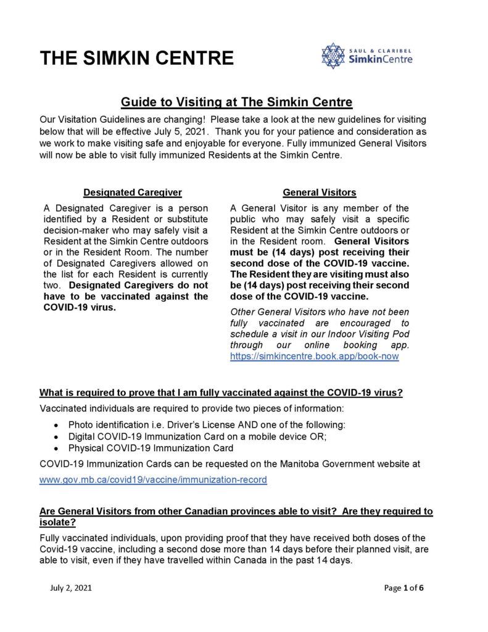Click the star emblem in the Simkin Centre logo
[333, 56]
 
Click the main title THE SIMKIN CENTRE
[136, 59]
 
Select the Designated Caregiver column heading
[133, 193]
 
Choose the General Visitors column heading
[319, 193]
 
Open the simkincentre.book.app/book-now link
[314, 357]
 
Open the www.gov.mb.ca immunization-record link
[153, 480]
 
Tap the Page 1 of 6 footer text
[403, 588]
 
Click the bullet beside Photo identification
[57, 425]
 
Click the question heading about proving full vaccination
[221, 393]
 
